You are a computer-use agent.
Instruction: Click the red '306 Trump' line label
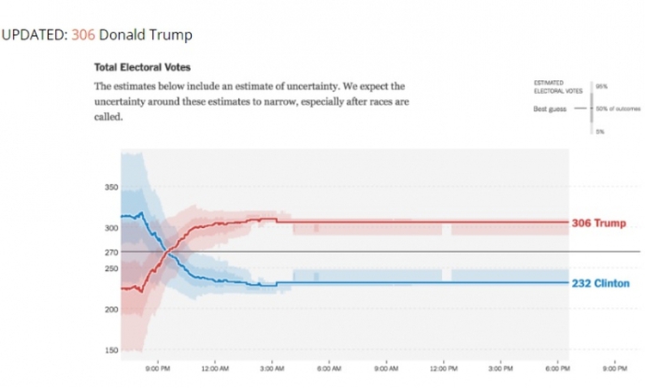click(599, 224)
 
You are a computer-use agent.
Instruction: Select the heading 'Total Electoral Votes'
click(142, 67)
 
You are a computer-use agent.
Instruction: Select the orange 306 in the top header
click(83, 34)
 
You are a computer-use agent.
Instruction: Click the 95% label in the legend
click(601, 86)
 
